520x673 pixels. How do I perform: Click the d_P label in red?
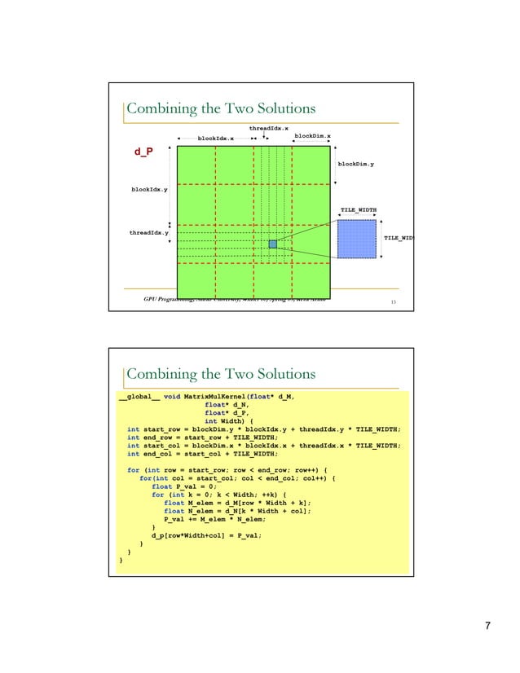pos(143,152)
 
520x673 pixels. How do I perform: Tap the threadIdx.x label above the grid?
pos(268,128)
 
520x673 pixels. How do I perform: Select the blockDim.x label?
pos(311,136)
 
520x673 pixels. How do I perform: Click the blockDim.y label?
pos(356,164)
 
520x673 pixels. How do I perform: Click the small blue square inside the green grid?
pos(273,244)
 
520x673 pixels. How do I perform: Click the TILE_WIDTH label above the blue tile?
pos(359,210)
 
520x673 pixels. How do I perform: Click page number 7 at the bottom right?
pos(487,626)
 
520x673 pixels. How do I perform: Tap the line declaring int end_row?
pos(203,438)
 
